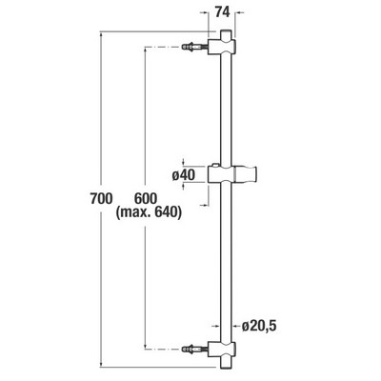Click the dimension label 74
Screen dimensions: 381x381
tap(222, 12)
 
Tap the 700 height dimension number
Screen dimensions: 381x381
tap(101, 199)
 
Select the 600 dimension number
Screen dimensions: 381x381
tap(146, 199)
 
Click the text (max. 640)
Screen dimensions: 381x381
tap(149, 212)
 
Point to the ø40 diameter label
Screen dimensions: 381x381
tap(184, 174)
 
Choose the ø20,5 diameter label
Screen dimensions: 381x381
tap(259, 326)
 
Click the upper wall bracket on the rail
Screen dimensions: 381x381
tap(222, 47)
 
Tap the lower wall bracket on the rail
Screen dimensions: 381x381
tap(222, 350)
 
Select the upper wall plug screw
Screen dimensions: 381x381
tap(194, 48)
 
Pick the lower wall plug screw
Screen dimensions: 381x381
tap(194, 350)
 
